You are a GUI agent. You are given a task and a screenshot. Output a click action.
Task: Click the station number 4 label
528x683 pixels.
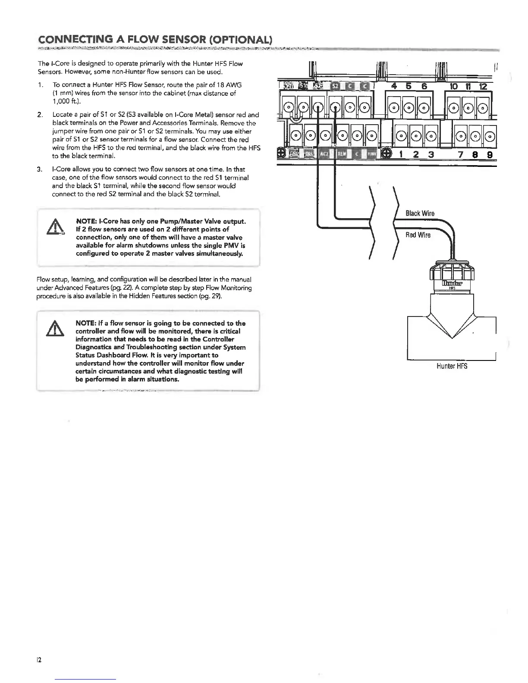[x=393, y=87]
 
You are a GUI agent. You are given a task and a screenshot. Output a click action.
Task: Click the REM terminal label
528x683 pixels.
[x=342, y=154]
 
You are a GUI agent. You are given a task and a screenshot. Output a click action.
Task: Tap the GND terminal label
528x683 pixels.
[x=294, y=154]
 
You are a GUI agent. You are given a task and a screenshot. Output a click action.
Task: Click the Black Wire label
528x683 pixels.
[x=420, y=213]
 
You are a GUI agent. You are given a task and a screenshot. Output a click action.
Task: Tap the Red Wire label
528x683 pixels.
[x=418, y=235]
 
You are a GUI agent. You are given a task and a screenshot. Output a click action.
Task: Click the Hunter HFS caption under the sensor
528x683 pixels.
[x=452, y=366]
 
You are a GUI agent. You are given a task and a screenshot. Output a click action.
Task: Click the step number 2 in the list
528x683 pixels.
[x=40, y=115]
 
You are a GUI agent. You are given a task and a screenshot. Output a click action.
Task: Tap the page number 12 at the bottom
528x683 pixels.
[x=39, y=660]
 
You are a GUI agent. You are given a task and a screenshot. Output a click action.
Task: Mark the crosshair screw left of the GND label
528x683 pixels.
[x=281, y=154]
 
